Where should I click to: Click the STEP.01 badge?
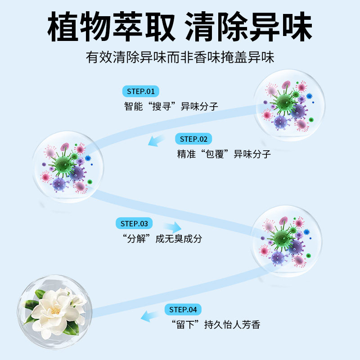point(141,91)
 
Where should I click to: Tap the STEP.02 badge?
point(193,139)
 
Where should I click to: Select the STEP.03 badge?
point(134,223)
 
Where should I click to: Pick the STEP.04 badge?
point(183,310)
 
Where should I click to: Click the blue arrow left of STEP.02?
point(157,140)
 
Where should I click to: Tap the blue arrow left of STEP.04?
point(150,315)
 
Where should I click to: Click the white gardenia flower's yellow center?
point(56,310)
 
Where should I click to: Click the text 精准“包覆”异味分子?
point(224,154)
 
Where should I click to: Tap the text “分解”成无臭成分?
point(162,238)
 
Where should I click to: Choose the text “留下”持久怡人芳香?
point(216,324)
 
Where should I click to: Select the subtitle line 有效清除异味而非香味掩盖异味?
point(180,58)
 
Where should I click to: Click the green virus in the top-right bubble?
point(284,102)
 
